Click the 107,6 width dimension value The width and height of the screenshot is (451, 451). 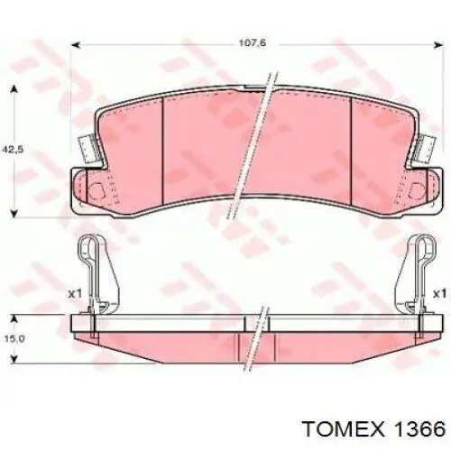tap(253, 43)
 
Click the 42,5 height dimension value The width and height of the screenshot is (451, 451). tap(13, 149)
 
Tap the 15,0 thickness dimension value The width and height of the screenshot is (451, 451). tap(14, 339)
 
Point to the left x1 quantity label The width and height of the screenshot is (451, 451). tap(75, 294)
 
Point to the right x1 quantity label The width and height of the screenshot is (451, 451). tap(439, 294)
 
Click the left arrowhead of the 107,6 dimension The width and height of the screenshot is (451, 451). tap(75, 45)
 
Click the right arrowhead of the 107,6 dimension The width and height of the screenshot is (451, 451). tap(440, 45)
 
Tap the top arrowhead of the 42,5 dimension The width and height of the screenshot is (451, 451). tap(14, 89)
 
